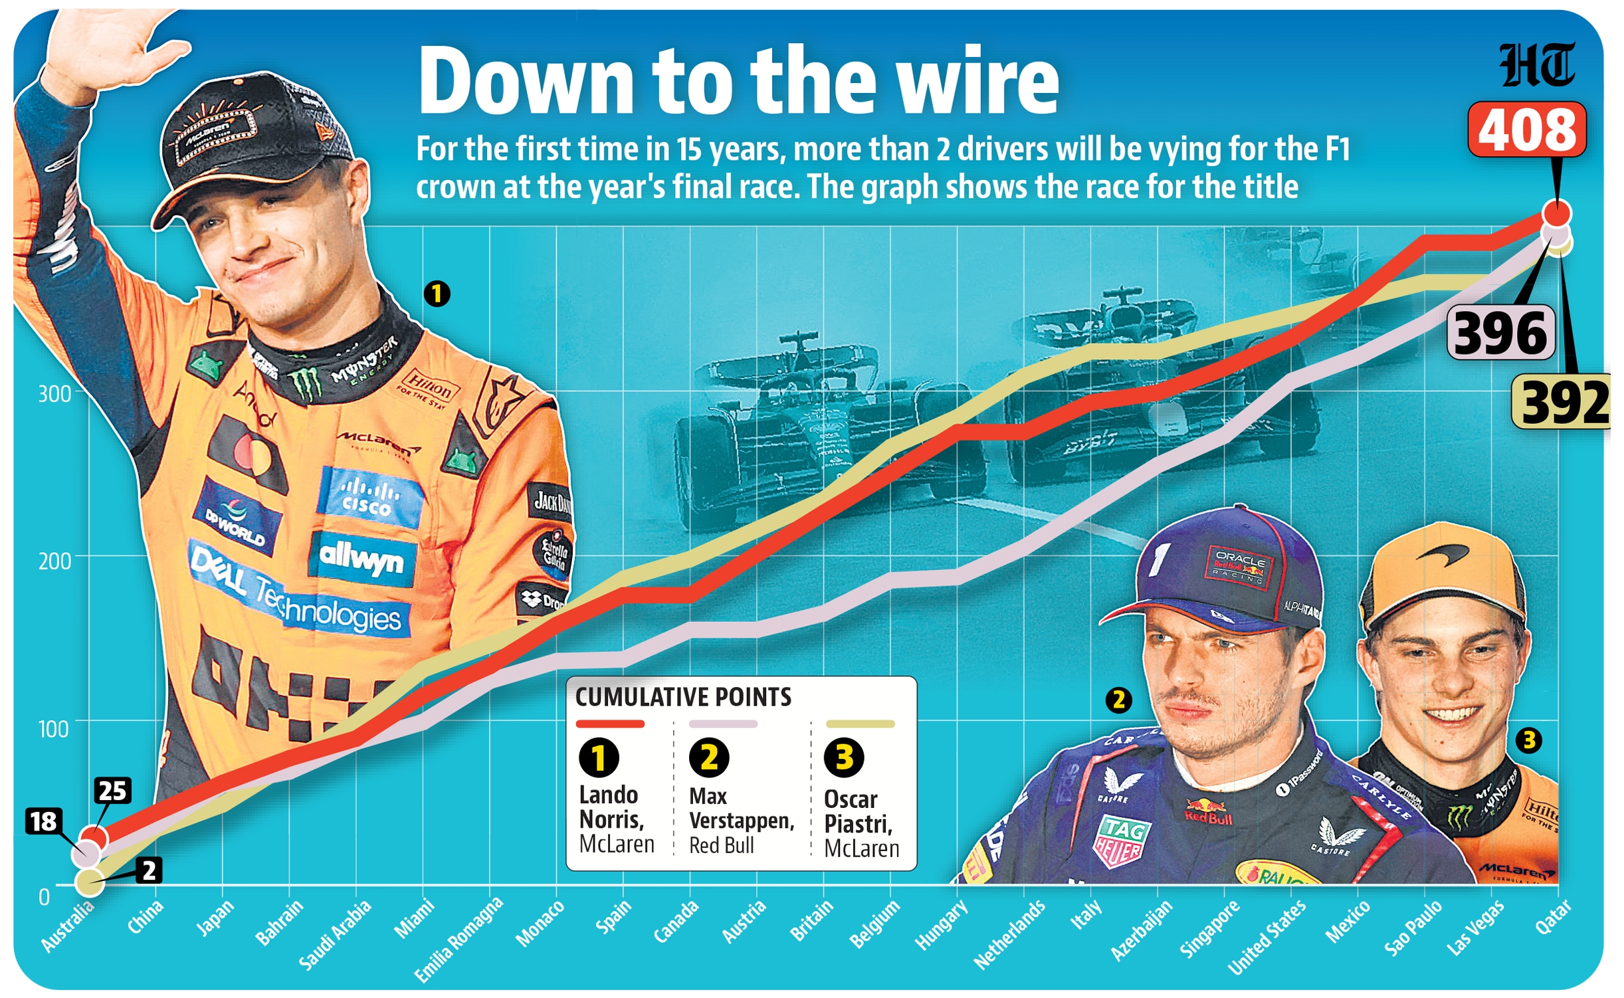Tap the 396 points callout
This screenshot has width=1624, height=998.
[x=1500, y=333]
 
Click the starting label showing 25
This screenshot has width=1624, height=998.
[x=112, y=791]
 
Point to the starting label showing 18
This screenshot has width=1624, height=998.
[x=44, y=821]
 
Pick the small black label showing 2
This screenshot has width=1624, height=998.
[x=149, y=870]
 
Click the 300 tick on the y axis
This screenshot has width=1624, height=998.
[x=54, y=394]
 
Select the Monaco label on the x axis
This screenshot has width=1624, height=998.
[x=540, y=924]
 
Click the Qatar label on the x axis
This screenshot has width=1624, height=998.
[x=1553, y=917]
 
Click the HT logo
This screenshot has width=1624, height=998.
[x=1536, y=65]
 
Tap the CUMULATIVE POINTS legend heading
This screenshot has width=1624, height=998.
[x=683, y=697]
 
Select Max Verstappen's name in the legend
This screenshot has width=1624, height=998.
[x=740, y=809]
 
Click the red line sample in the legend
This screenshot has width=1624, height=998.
[x=610, y=724]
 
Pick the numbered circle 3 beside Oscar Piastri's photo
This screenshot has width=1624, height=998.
[x=1528, y=740]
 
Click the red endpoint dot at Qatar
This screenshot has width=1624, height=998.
[x=1556, y=214]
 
